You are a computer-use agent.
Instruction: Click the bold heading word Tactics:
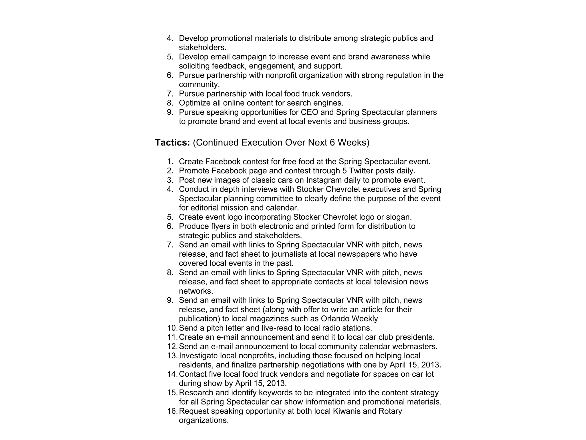[172, 142]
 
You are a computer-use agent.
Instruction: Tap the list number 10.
[172, 328]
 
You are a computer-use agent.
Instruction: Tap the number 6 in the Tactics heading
[332, 142]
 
